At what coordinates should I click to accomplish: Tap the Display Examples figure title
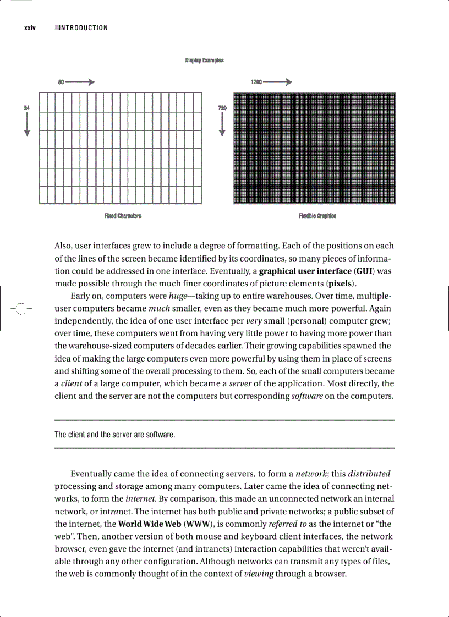click(x=204, y=60)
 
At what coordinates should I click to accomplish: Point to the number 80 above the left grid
click(x=61, y=82)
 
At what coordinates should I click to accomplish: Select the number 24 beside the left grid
click(x=26, y=108)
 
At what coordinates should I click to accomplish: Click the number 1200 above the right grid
click(x=256, y=82)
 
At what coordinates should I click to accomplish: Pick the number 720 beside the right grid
click(x=222, y=108)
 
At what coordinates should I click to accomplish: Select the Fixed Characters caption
click(x=123, y=216)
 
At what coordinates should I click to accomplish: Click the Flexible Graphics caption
click(x=317, y=216)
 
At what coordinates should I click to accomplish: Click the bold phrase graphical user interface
click(x=305, y=271)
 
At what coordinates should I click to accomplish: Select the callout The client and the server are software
click(x=114, y=435)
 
